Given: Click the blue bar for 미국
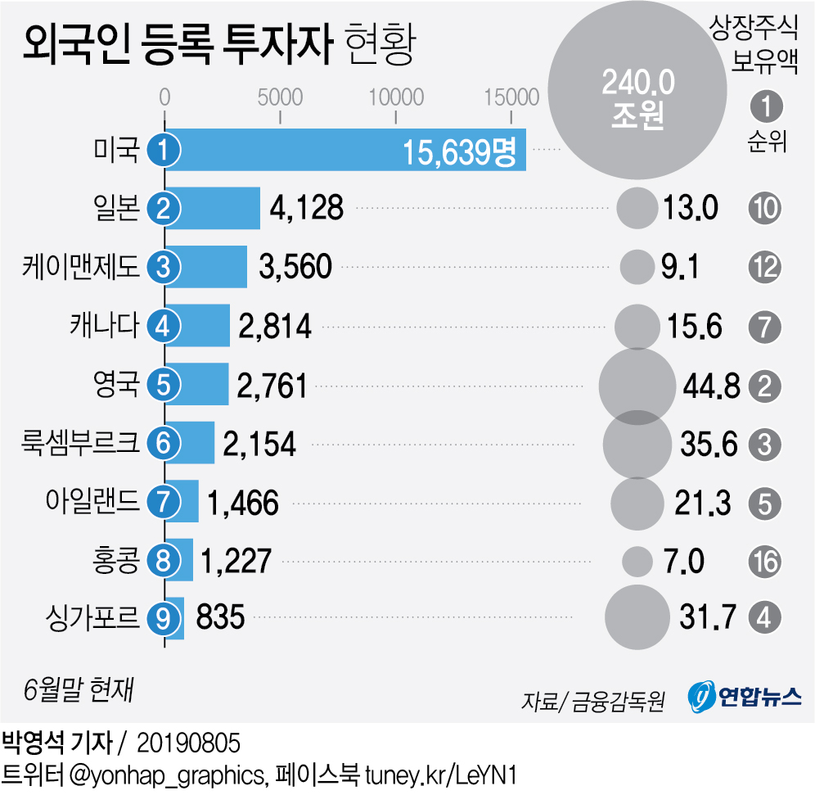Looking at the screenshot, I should pyautogui.click(x=344, y=150).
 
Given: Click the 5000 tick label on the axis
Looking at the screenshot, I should pyautogui.click(x=281, y=97).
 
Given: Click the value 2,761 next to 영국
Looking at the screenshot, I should pyautogui.click(x=272, y=385).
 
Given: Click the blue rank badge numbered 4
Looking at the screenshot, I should pyautogui.click(x=164, y=326).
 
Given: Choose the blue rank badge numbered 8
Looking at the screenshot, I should pyautogui.click(x=164, y=561).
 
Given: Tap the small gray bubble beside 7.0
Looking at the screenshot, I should pyautogui.click(x=637, y=561).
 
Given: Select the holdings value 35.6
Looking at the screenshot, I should pyautogui.click(x=709, y=443).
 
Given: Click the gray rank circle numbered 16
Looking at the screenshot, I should pyautogui.click(x=765, y=561).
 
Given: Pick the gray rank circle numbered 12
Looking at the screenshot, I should pyautogui.click(x=765, y=267).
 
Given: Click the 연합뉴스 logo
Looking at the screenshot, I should pyautogui.click(x=745, y=697).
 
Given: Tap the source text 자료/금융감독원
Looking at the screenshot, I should pyautogui.click(x=592, y=701).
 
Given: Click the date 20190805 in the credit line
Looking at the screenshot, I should pyautogui.click(x=188, y=743).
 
